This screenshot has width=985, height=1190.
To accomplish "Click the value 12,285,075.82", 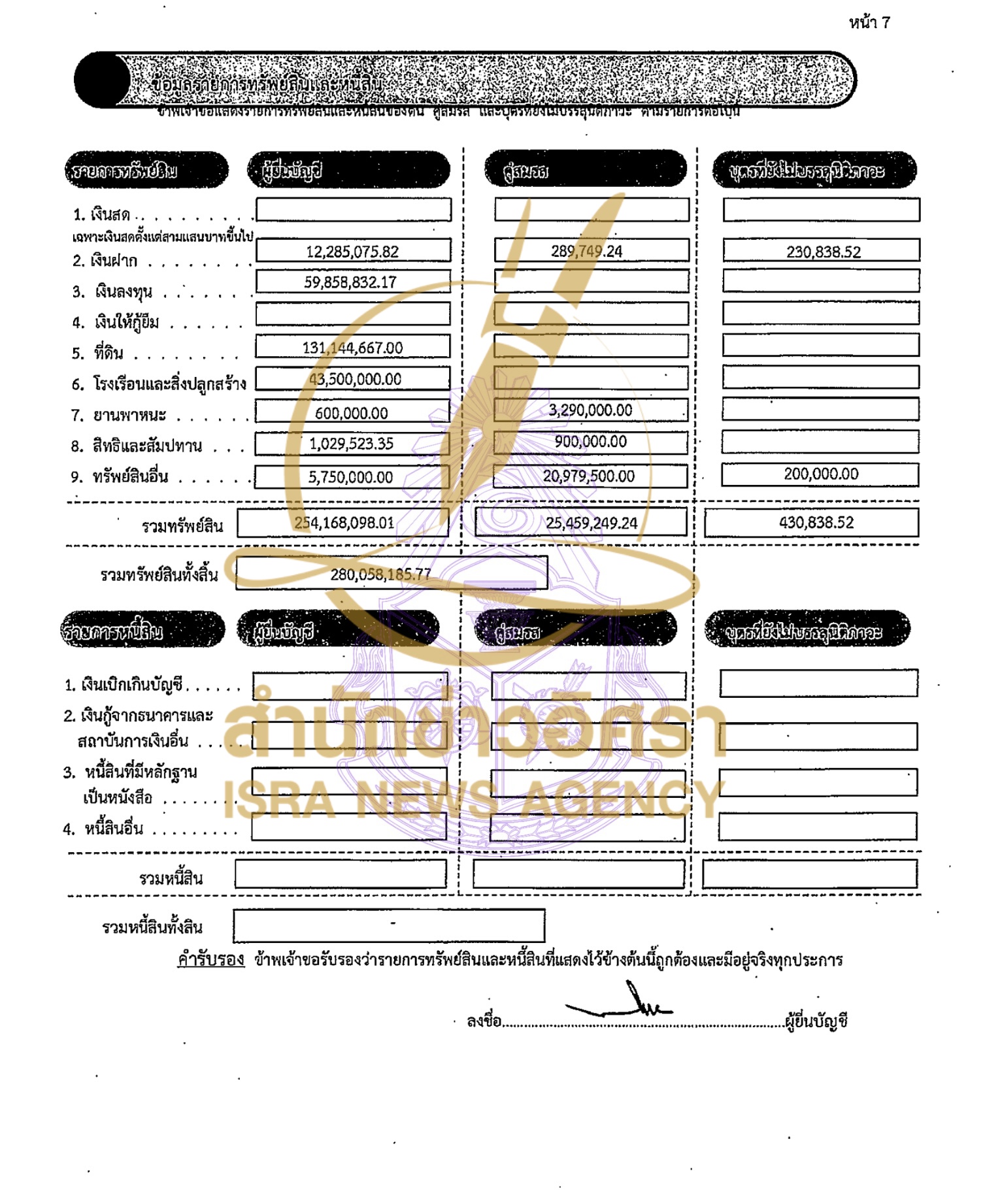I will [352, 252].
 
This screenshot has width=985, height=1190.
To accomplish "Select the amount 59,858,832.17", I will [350, 282].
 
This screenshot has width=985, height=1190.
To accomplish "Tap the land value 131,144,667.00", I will [352, 348].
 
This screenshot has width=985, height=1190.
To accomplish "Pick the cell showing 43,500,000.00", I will [355, 379].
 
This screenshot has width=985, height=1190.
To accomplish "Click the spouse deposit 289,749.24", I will [586, 251].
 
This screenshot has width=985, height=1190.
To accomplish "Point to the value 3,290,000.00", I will [590, 410].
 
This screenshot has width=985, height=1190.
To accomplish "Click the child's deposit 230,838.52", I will [823, 252].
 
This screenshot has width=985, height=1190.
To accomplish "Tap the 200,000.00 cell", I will [821, 474].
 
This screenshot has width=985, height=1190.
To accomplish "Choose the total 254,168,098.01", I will [344, 523].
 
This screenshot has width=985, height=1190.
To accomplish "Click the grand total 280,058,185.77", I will [380, 574].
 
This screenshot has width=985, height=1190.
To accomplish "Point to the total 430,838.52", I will [816, 522].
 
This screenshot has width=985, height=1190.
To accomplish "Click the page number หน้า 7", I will [869, 23].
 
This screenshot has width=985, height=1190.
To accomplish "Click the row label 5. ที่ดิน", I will [98, 354].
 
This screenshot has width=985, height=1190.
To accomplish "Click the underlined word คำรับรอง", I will [210, 959].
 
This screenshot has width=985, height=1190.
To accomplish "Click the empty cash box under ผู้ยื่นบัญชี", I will [353, 210].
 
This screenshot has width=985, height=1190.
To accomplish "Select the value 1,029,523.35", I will [351, 444].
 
